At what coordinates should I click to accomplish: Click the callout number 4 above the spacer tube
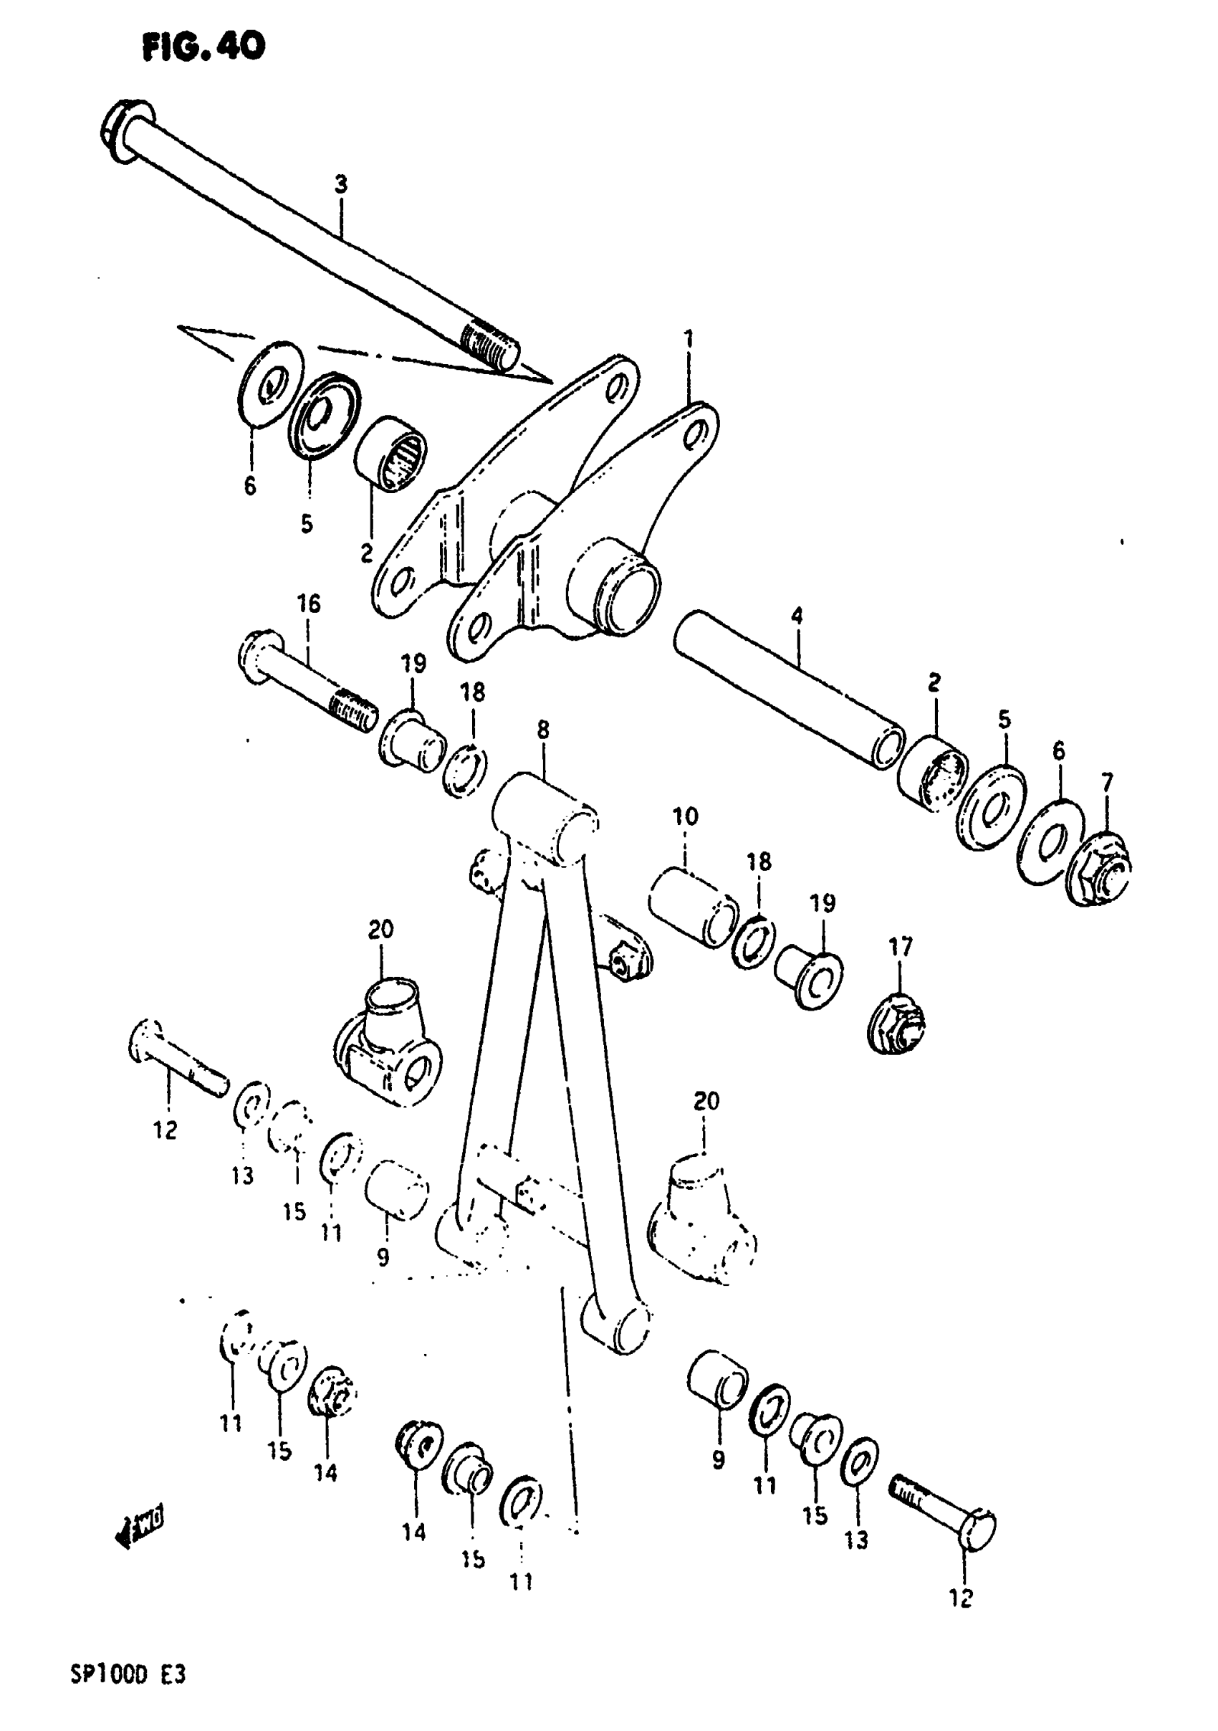(x=797, y=616)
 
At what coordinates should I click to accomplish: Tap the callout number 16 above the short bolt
(x=308, y=604)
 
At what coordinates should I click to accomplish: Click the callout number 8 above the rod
(x=542, y=730)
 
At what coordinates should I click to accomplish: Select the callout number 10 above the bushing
(x=685, y=816)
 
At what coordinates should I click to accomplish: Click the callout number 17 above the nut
(x=901, y=946)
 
